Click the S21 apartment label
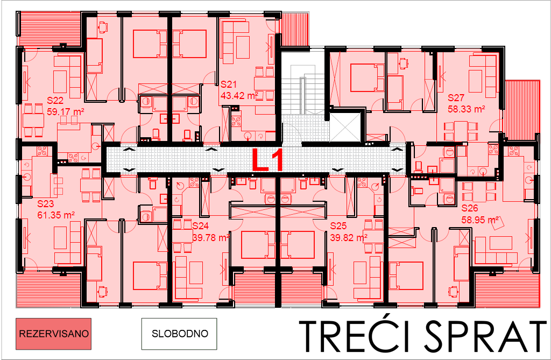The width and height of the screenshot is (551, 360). [x=229, y=84]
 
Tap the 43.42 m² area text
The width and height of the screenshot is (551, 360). [x=239, y=96]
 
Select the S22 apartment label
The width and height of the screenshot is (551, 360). [x=55, y=101]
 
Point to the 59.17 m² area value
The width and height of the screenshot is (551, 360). [x=65, y=112]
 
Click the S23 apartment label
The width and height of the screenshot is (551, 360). [x=46, y=203]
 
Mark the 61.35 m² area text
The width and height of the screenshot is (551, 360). [x=56, y=215]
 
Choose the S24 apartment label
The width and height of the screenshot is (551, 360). [x=201, y=225]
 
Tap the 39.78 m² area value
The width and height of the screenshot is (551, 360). [x=211, y=238]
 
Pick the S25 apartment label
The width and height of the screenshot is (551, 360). [x=338, y=225]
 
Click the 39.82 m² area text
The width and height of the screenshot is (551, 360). [x=349, y=238]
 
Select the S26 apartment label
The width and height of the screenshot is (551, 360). [x=470, y=208]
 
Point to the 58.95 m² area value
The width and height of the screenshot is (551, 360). [x=481, y=220]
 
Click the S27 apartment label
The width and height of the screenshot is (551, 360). [x=456, y=98]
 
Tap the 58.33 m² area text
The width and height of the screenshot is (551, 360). [x=467, y=109]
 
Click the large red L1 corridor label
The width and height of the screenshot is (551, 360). [x=269, y=160]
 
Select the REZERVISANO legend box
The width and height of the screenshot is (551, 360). [x=53, y=334]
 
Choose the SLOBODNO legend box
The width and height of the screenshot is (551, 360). [x=179, y=334]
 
